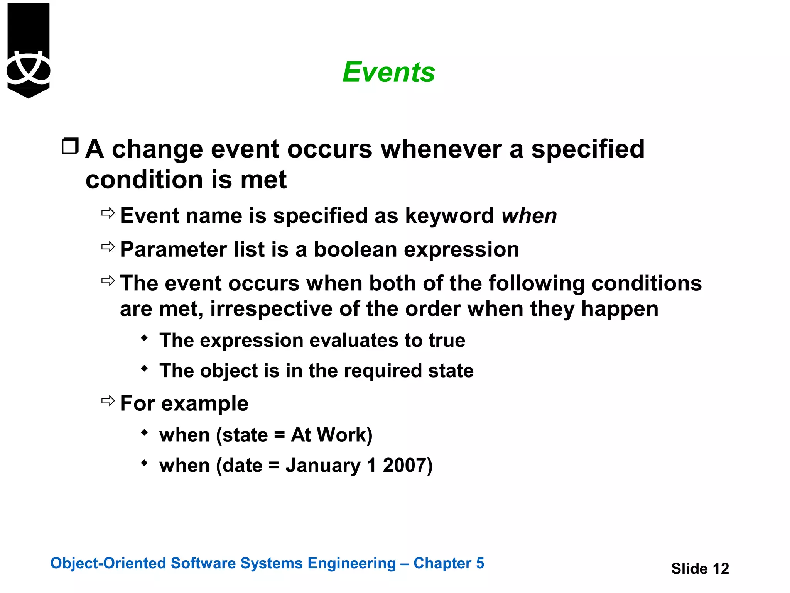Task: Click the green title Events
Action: (x=388, y=72)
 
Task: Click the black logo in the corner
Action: (x=29, y=50)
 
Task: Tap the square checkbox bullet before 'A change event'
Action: (x=71, y=146)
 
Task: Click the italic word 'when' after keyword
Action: (x=529, y=215)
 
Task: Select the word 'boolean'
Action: (x=355, y=249)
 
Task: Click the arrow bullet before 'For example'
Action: (x=108, y=401)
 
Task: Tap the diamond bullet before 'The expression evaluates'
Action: (x=145, y=338)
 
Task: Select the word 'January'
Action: (x=323, y=465)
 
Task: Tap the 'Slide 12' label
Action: (x=700, y=568)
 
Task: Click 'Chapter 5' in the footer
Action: (x=449, y=563)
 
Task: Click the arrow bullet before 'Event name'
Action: (x=108, y=213)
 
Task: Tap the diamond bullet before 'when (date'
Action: (x=145, y=463)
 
